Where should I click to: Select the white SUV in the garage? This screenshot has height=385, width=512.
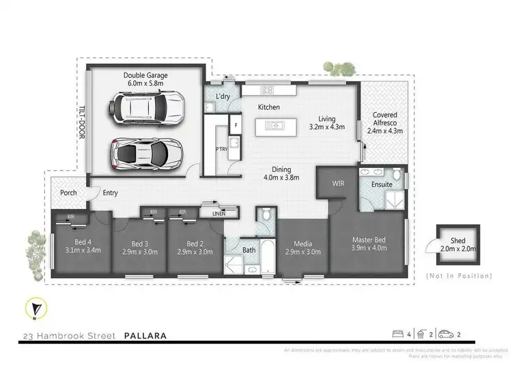click(147, 107)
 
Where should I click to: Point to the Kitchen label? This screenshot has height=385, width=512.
click(269, 108)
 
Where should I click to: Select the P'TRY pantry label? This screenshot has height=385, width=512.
click(221, 149)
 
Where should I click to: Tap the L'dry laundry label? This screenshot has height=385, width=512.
click(223, 98)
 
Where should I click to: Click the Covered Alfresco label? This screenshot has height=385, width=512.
click(385, 120)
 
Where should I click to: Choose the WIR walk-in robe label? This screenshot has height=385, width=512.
click(339, 183)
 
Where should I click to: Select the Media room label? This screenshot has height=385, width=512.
click(302, 244)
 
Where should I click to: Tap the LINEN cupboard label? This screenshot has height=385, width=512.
click(219, 214)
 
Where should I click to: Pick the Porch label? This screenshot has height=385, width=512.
click(69, 193)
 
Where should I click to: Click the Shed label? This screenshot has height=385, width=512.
click(458, 240)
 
